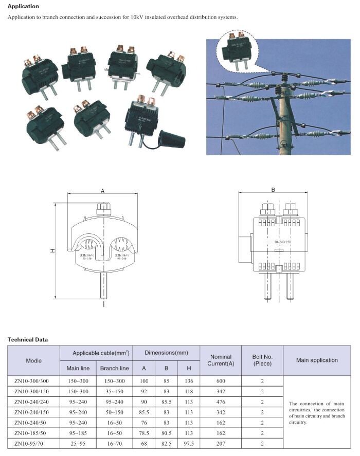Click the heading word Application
point(23,6)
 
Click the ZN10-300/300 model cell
point(33,380)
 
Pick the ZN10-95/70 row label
point(33,443)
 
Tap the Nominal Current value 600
point(220,380)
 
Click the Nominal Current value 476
point(220,402)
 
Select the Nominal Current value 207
point(220,443)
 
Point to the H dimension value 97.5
point(189,443)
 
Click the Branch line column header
point(114,368)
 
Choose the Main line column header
point(78,368)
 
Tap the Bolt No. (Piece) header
point(262,360)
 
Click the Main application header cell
point(317,360)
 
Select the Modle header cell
point(33,360)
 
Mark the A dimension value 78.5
point(143,433)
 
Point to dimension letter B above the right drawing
point(273,190)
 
